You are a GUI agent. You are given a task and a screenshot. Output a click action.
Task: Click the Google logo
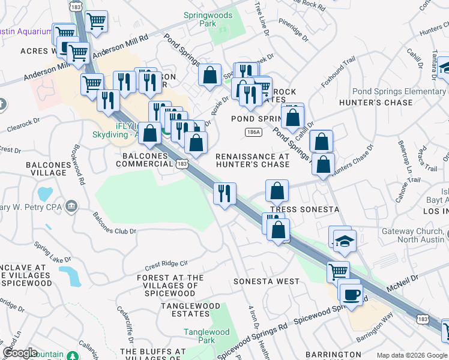coord(20,353)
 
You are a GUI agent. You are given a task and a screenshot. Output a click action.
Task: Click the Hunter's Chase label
coord(376,103)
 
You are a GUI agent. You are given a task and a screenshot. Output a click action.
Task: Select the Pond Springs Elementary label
coord(399,91)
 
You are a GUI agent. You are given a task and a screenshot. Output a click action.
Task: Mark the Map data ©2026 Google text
coord(412,355)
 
